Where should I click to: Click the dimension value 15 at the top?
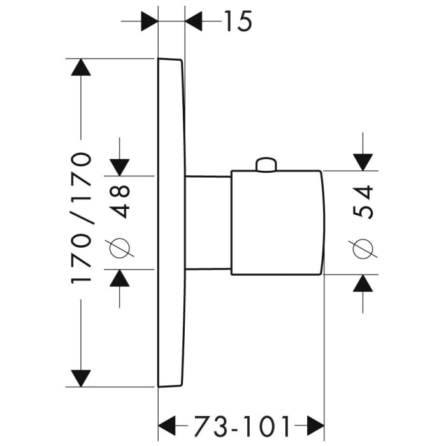[x=238, y=22]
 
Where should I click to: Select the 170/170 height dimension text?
[x=82, y=219]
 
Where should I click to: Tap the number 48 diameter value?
[x=120, y=201]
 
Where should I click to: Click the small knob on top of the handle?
[x=266, y=165]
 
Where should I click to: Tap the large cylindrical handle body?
[x=278, y=223]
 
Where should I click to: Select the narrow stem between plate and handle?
[x=208, y=222]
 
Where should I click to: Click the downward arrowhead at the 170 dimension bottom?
[x=81, y=378]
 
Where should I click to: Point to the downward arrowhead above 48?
[x=120, y=166]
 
